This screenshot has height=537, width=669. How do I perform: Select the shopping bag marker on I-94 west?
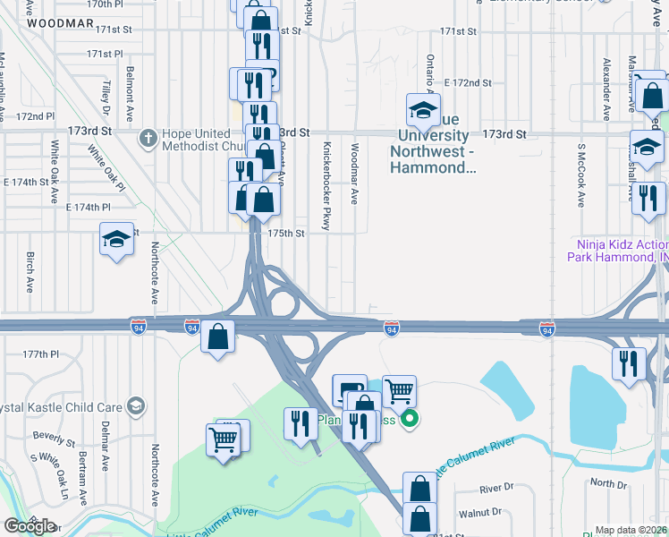tap(218, 337)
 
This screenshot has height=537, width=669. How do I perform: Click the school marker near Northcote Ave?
tap(116, 240)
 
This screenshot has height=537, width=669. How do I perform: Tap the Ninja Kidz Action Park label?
tap(617, 251)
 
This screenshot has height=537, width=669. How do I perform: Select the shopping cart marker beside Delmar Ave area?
tap(222, 439)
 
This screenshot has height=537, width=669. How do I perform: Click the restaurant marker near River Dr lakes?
tap(630, 364)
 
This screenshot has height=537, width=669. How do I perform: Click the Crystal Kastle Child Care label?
tap(63, 406)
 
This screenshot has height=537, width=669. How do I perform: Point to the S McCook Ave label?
tap(581, 174)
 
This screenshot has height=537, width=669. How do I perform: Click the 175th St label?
tap(288, 233)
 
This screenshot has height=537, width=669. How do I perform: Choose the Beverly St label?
tap(54, 439)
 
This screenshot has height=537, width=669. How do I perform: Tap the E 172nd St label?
tap(473, 82)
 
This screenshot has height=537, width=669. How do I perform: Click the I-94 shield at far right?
tap(546, 330)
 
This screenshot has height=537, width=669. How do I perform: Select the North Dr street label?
tap(609, 483)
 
